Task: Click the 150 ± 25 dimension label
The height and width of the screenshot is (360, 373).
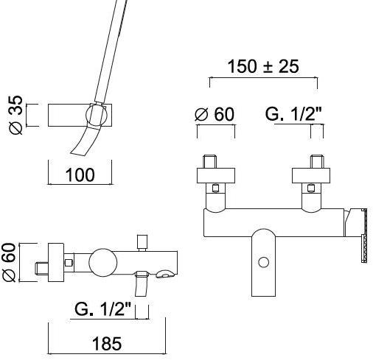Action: coord(263,66)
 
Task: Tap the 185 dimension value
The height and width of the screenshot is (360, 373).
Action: coord(107,344)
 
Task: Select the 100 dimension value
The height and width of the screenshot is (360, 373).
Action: coord(80,175)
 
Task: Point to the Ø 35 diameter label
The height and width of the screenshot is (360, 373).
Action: coord(16,115)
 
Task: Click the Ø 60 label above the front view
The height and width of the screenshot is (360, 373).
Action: coord(215,114)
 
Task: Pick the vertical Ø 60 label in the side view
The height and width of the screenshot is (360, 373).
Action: coord(9,262)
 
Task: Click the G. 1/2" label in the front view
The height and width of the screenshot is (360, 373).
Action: coord(293,114)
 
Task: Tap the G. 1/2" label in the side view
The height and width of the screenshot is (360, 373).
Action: coord(103,309)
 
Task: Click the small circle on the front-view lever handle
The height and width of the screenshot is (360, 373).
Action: coord(264,262)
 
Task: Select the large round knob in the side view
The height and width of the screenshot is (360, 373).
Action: coord(103,262)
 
